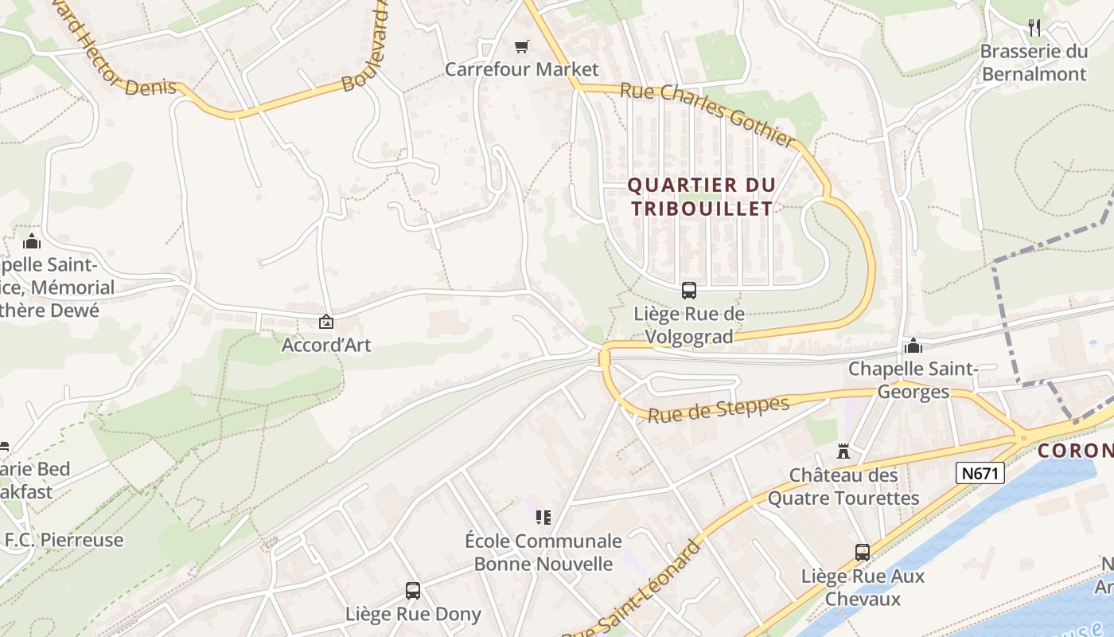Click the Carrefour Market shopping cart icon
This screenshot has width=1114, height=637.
tap(521, 47)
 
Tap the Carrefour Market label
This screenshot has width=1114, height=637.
tap(521, 69)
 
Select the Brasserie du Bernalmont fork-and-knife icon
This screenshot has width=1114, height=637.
tap(1034, 28)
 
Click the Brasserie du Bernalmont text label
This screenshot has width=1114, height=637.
tap(1034, 63)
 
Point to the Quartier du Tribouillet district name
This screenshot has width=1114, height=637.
tap(701, 197)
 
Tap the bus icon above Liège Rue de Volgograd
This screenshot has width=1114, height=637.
tap(689, 291)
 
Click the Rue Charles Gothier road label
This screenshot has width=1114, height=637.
tap(707, 115)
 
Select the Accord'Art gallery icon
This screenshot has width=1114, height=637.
tap(325, 322)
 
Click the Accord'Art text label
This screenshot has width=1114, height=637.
tap(326, 346)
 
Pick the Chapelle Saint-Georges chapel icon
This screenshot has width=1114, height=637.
tap(913, 346)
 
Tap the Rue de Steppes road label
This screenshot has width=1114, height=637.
tap(719, 409)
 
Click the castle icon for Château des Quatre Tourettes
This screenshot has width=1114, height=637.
tap(843, 451)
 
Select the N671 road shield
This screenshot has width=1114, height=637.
tap(980, 474)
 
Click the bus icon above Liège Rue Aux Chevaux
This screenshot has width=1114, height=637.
tap(862, 552)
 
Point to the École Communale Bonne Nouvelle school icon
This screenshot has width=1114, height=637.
tap(543, 518)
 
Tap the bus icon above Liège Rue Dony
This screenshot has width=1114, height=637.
tap(412, 590)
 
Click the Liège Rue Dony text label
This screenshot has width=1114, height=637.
tap(413, 614)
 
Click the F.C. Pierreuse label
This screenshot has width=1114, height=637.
tap(64, 540)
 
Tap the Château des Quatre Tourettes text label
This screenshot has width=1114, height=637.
tap(843, 487)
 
